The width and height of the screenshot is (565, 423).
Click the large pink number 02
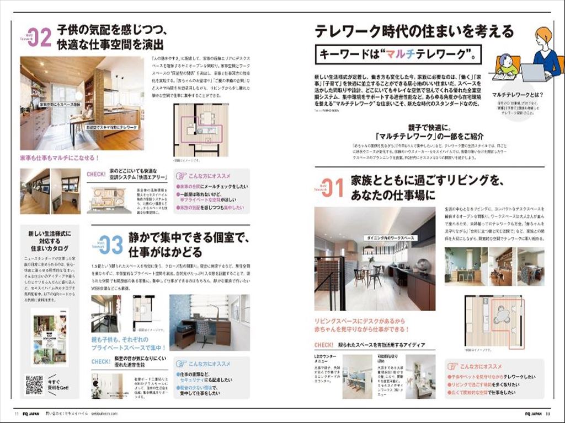tap(39, 37)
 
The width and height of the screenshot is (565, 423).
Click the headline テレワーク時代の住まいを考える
tap(414, 31)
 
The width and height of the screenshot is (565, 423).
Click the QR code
tap(34, 384)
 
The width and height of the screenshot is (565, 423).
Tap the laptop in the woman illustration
tap(532, 72)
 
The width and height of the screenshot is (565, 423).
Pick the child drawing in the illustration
tap(507, 65)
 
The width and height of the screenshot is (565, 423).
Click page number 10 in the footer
tap(548, 413)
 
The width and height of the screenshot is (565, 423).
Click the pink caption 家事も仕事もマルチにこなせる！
tap(60, 158)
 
